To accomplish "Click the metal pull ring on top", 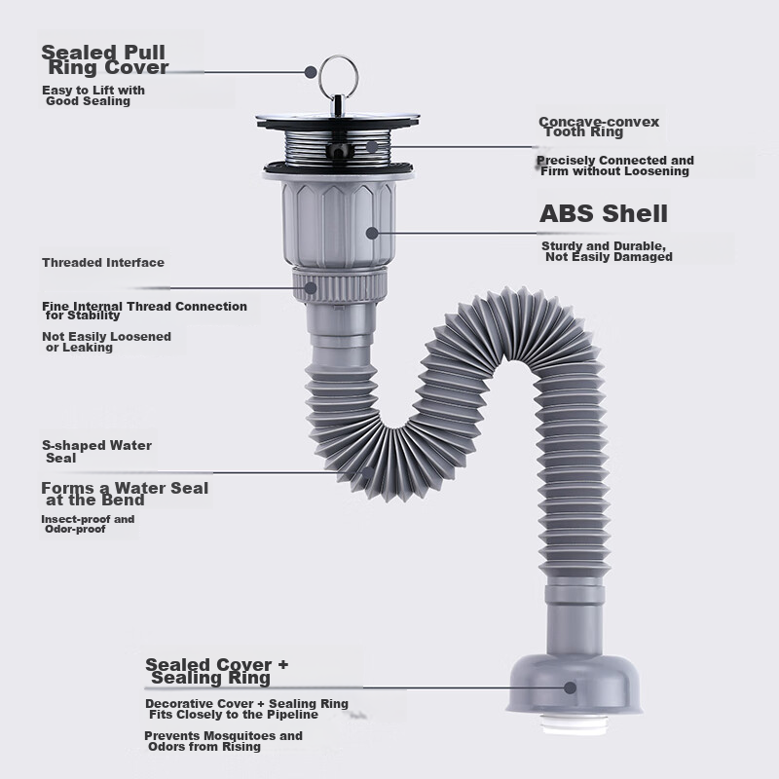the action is (338, 59).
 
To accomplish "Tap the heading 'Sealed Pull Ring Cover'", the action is (105, 59).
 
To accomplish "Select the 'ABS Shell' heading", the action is (604, 213).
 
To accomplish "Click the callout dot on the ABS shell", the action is (372, 233).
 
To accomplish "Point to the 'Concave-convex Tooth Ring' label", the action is (599, 127).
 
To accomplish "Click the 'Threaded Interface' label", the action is (103, 262).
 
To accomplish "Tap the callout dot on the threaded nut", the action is (311, 288).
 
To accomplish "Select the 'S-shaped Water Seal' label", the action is (96, 452).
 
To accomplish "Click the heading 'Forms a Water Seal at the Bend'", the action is (125, 494).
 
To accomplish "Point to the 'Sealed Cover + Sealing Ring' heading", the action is (216, 671).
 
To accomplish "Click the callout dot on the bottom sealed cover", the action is (571, 687).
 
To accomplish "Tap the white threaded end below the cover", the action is (574, 723).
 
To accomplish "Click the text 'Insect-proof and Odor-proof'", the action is (88, 524).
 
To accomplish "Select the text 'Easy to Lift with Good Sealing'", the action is (93, 95).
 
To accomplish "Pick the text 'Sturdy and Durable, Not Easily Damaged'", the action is (607, 251).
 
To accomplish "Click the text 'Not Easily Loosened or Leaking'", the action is (107, 342).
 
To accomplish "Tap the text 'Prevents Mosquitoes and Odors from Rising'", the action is (224, 741).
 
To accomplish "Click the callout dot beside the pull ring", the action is (311, 72).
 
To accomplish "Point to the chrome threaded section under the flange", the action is (338, 147).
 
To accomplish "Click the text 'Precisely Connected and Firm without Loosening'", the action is (615, 166).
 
